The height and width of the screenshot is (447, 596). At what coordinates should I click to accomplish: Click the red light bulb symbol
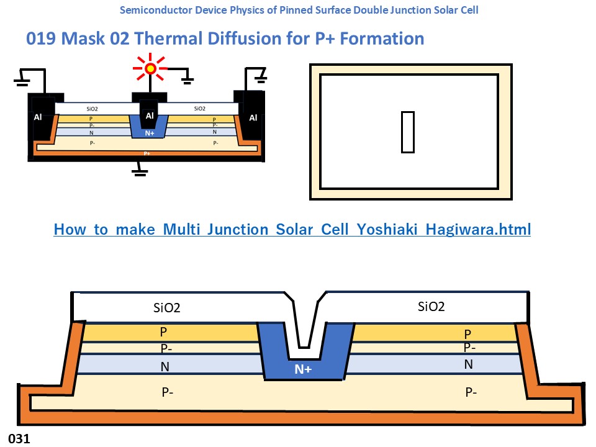tap(150, 69)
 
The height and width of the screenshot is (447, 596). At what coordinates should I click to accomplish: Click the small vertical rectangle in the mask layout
tap(407, 132)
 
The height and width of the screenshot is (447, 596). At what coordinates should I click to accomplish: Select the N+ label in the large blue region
tap(303, 369)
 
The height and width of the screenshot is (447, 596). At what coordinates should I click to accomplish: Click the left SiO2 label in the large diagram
tap(166, 307)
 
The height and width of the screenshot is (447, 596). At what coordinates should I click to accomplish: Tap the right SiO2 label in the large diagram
tap(431, 306)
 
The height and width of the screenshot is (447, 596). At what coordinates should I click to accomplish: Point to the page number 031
tap(19, 439)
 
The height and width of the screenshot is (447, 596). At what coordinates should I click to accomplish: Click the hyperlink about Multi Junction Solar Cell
tap(292, 229)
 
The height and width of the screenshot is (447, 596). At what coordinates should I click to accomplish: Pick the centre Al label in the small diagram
tap(150, 115)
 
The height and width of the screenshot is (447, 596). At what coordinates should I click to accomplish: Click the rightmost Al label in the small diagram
tap(253, 117)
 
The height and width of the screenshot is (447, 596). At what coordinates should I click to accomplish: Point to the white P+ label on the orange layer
tap(147, 153)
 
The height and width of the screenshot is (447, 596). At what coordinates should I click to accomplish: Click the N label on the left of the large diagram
tap(165, 367)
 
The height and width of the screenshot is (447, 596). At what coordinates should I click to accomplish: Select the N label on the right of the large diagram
tap(469, 364)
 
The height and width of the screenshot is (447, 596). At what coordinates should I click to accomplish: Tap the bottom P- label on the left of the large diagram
tap(168, 392)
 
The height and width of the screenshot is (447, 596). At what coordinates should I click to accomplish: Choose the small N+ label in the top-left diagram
tap(150, 133)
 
